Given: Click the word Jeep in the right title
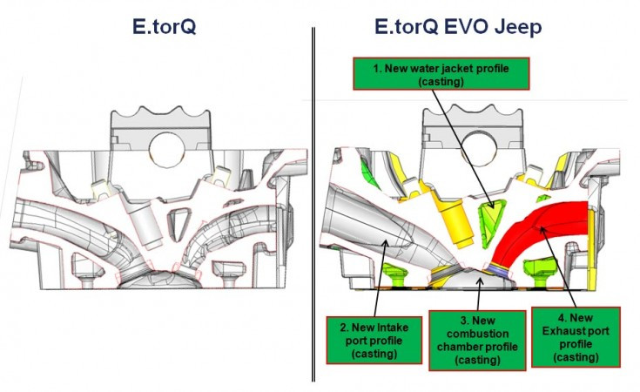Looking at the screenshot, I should [515, 27].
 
